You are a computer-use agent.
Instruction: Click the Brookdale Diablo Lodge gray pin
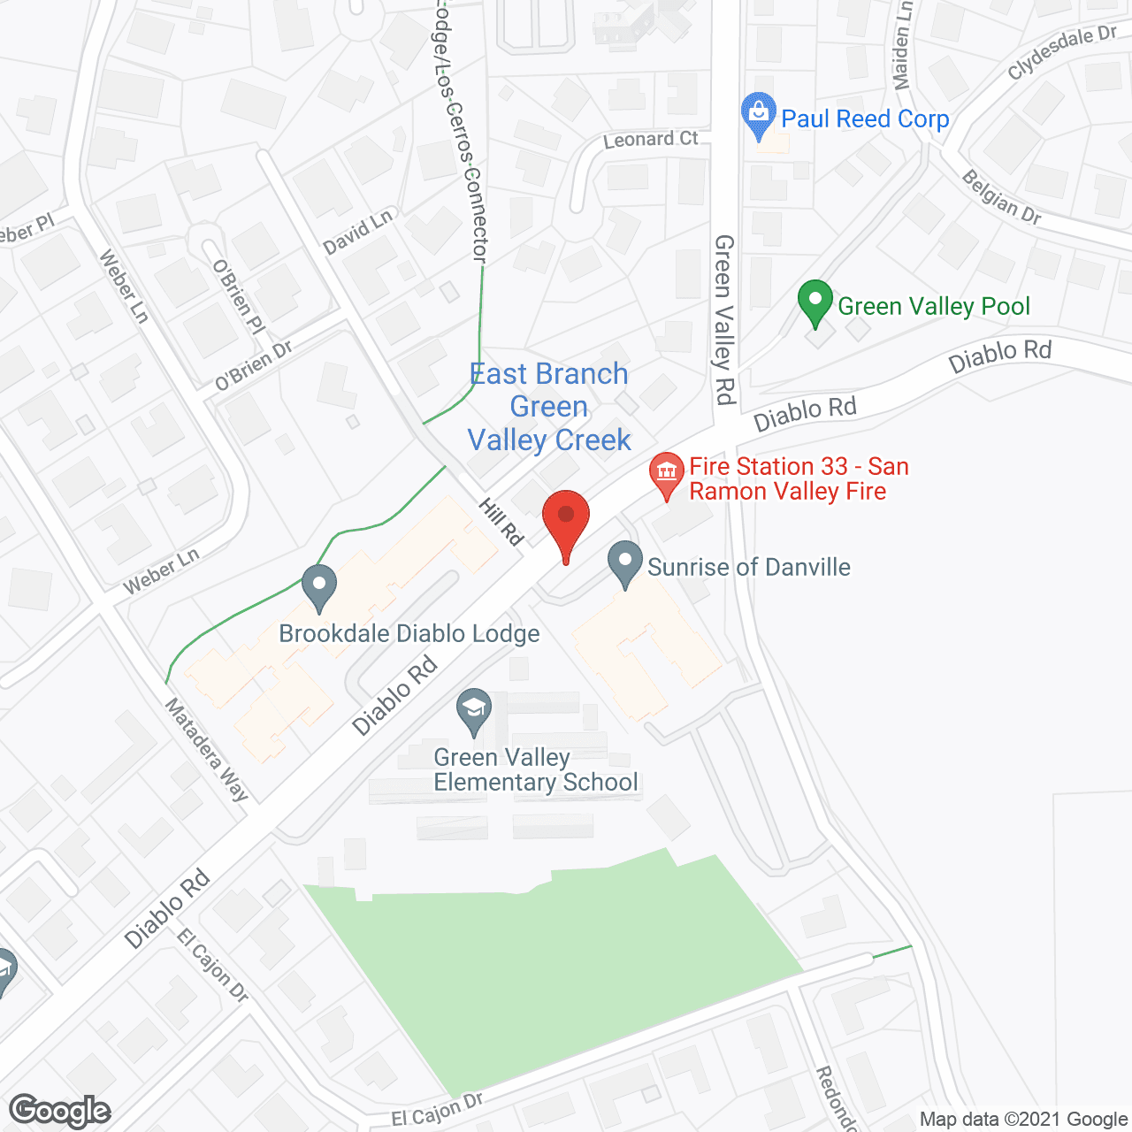pos(319,586)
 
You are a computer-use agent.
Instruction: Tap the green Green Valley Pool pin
pos(815,302)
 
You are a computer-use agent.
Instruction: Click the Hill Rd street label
pos(501,521)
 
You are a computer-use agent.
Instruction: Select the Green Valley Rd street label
pos(724,319)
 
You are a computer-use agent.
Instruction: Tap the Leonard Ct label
pos(650,139)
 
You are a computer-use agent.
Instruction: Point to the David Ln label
pos(357,232)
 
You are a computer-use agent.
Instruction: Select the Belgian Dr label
pos(1001,197)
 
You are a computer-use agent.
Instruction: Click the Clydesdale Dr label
pos(1061,52)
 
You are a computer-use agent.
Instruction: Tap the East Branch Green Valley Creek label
pos(549,407)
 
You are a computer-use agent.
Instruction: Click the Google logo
pos(59,1111)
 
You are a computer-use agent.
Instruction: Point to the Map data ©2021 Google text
pos(1023,1120)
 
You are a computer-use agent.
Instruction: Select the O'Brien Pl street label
pos(238,296)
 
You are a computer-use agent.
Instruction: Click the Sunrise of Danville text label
pos(748,567)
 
